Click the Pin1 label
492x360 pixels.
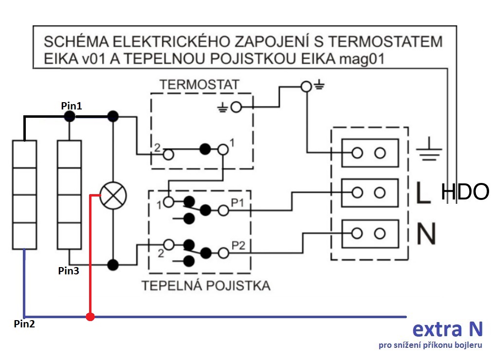tap(72, 106)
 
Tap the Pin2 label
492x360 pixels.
tap(24, 324)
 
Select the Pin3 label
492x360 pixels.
tap(69, 270)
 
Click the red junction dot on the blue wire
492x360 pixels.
tap(91, 317)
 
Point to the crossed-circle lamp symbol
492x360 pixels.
tap(113, 196)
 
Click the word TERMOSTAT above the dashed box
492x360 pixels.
tap(199, 85)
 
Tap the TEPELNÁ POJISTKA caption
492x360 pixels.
tap(206, 286)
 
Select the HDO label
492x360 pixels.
tap(465, 192)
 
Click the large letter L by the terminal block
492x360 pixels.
tap(423, 193)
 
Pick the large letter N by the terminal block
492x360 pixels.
tap(426, 233)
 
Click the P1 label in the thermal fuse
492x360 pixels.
tap(237, 203)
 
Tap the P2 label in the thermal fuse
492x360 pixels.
tap(238, 246)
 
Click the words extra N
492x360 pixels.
tap(447, 329)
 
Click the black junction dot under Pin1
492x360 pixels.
tap(70, 117)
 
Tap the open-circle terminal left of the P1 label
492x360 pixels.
tap(223, 210)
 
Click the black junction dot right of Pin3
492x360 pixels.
tap(113, 265)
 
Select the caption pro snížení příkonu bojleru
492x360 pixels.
tap(430, 345)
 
